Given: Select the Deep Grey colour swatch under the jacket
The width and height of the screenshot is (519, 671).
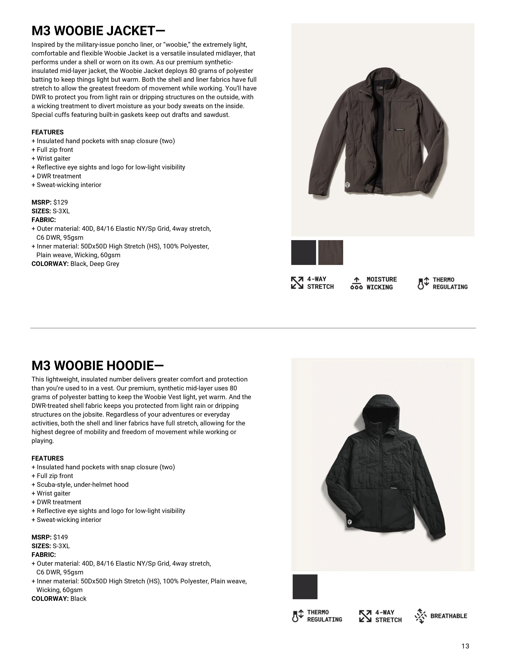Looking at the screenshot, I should (331, 253).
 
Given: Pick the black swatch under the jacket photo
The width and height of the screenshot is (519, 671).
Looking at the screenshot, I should (303, 253).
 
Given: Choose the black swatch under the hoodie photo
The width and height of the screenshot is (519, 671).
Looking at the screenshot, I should (305, 587).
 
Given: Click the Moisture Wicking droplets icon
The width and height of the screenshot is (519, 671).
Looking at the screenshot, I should (356, 283).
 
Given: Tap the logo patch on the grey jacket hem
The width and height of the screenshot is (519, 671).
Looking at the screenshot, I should (347, 185).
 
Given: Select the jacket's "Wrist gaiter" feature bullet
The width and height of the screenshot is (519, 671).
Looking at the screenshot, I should (54, 159).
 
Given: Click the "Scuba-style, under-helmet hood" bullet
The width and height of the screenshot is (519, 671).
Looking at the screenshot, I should (82, 485).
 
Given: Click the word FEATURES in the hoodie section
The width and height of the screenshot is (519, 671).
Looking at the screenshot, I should (47, 458).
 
